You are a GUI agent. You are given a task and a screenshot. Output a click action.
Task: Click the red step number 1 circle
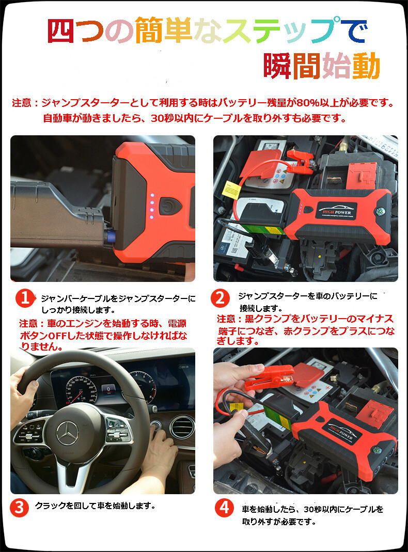point(25,298)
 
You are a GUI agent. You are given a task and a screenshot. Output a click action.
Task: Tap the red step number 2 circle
point(220,298)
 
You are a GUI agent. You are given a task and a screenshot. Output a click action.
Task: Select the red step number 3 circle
point(19,508)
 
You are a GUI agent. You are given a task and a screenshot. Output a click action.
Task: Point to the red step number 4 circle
point(224,508)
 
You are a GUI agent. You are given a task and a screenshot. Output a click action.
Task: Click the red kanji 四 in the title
point(61,30)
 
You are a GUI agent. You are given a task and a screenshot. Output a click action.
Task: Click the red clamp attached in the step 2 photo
point(300,161)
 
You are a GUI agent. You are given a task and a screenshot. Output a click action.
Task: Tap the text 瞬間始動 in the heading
point(322,66)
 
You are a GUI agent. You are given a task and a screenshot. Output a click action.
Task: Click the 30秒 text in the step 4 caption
point(313,509)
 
